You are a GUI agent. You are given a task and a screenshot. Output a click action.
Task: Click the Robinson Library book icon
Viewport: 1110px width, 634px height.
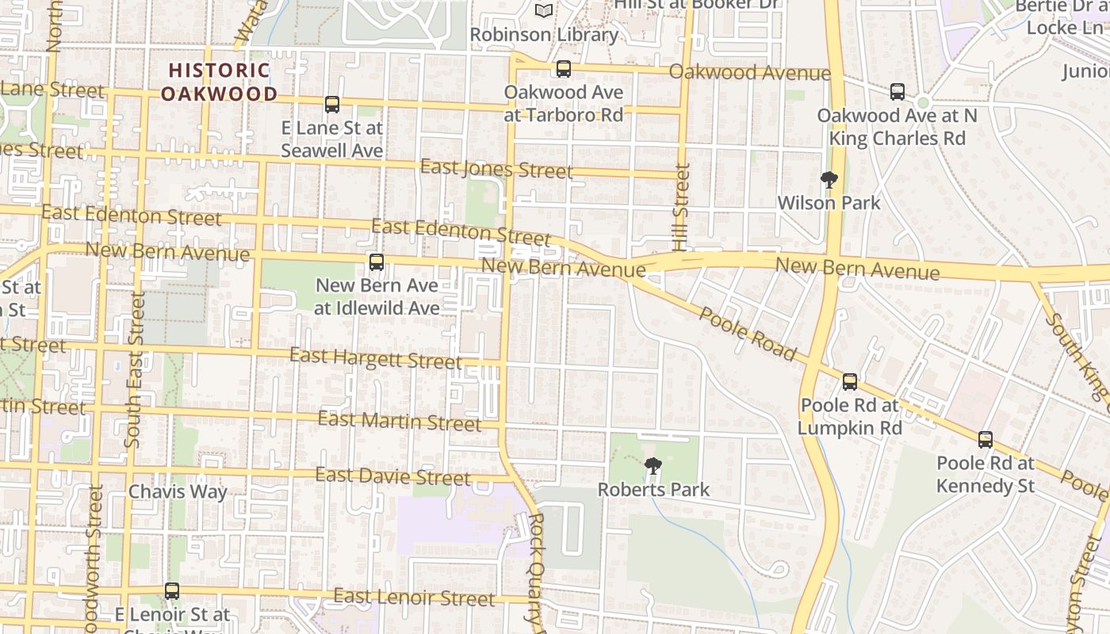point(544,10)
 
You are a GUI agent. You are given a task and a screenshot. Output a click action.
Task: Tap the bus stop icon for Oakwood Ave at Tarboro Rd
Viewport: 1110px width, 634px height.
point(564,69)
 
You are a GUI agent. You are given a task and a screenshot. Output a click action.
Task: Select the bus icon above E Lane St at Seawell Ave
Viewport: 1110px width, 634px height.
point(332,104)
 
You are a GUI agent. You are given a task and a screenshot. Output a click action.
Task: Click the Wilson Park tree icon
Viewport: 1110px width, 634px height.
point(829,180)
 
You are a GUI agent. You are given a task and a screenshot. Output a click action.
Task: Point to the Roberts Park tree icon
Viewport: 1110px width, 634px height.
point(653,466)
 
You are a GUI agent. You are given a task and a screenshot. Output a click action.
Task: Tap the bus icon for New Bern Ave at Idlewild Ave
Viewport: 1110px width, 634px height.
point(377,262)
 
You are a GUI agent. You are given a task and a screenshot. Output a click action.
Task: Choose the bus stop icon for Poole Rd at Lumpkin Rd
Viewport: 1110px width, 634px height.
point(850,382)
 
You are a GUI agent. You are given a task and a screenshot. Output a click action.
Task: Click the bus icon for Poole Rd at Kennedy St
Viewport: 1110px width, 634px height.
point(986,439)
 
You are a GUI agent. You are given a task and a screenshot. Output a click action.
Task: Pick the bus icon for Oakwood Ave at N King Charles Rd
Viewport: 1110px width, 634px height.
point(898,92)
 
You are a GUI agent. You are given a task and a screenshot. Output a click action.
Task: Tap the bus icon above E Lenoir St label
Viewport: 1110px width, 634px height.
point(172,590)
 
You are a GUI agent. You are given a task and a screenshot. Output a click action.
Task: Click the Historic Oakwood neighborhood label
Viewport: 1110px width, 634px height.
point(219,82)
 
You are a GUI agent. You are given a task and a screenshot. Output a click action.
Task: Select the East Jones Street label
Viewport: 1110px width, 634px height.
point(496,169)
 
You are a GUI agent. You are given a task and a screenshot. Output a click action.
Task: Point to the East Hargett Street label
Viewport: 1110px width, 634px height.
point(375,358)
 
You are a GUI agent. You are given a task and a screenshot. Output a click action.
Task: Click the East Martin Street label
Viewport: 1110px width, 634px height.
point(400,421)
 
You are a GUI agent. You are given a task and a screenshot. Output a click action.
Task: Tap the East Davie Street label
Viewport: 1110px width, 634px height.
point(393,476)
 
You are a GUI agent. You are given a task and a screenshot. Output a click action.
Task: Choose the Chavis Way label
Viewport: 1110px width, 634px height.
point(178,491)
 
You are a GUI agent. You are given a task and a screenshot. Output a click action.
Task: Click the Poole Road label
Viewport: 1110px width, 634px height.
point(747,334)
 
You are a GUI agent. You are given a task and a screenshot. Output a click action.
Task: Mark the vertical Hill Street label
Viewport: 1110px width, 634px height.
point(681,207)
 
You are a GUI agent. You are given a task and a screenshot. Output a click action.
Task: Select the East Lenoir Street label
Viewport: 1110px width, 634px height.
point(414,597)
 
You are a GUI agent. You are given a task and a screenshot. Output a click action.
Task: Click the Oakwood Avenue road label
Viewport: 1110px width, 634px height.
point(749,73)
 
